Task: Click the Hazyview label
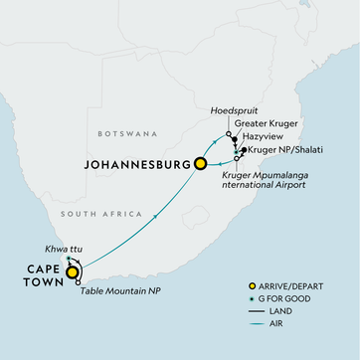pyautogui.click(x=264, y=137)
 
